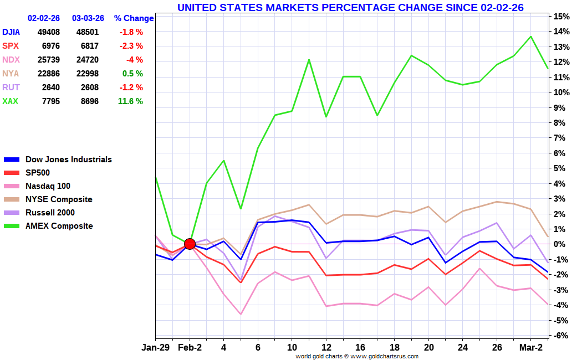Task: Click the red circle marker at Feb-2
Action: [190, 244]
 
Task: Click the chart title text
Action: [350, 7]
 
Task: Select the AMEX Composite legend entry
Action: [59, 226]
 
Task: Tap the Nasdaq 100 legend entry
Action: [48, 186]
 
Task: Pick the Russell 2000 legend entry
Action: [50, 213]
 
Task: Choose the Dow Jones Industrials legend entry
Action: [68, 160]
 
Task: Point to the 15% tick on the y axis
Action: [563, 16]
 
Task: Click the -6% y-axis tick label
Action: [563, 336]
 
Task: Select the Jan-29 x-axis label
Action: [155, 347]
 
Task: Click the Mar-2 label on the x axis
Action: [530, 347]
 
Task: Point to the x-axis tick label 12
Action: [326, 347]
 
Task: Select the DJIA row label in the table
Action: [12, 32]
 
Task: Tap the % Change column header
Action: [134, 18]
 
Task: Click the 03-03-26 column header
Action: [88, 18]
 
